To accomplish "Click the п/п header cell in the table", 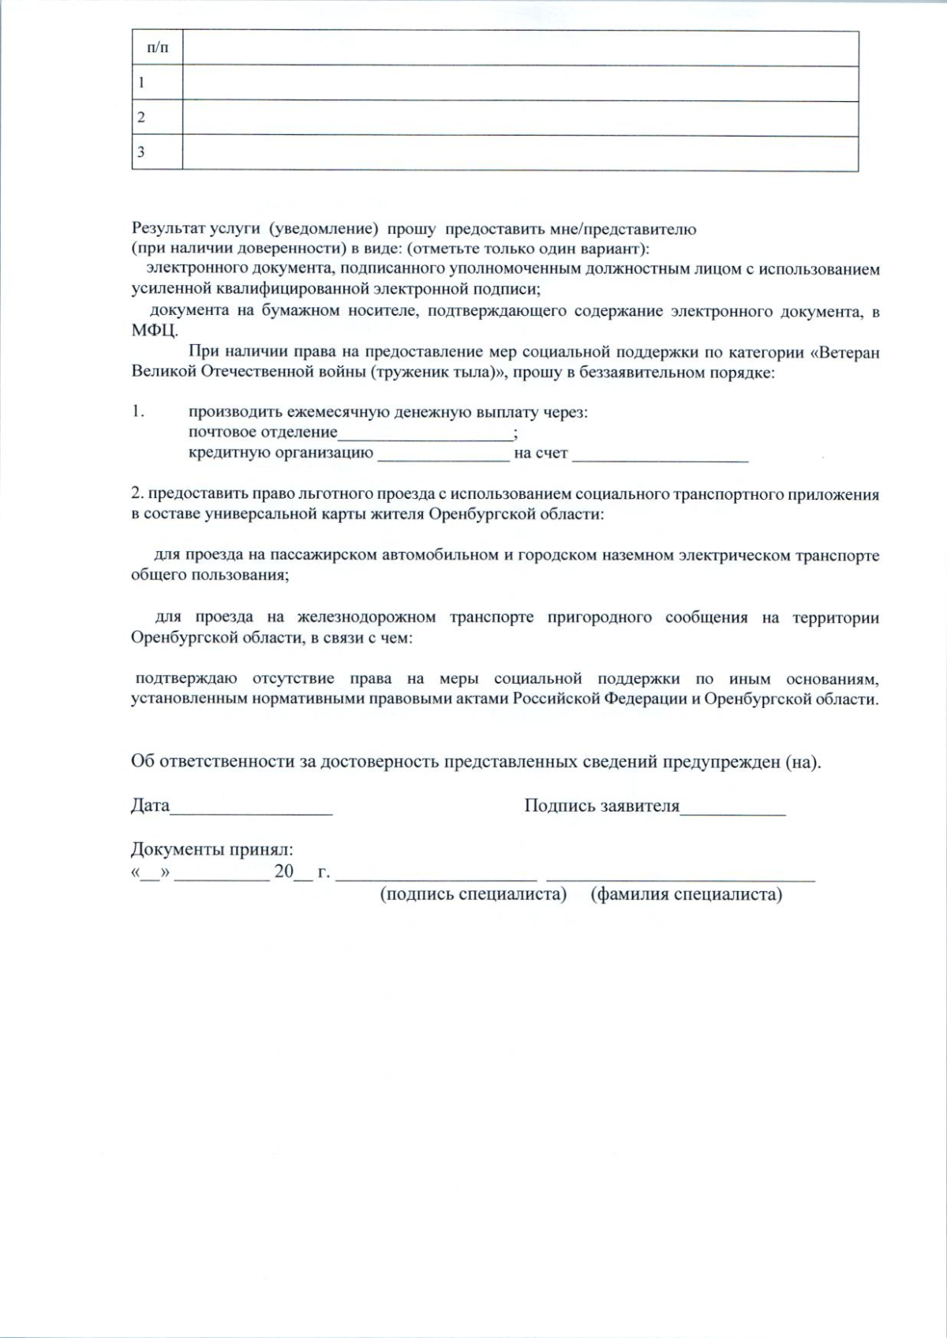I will (157, 49).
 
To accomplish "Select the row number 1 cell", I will (157, 83).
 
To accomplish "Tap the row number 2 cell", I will (157, 118).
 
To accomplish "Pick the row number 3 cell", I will (157, 152).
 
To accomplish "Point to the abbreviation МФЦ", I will (154, 331).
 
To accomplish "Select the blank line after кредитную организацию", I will (444, 455).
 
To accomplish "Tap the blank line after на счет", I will (660, 455).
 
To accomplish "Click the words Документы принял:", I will (211, 851).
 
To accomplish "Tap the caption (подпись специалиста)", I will (473, 894).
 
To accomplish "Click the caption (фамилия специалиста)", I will (686, 894).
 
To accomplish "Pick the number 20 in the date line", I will (283, 873).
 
